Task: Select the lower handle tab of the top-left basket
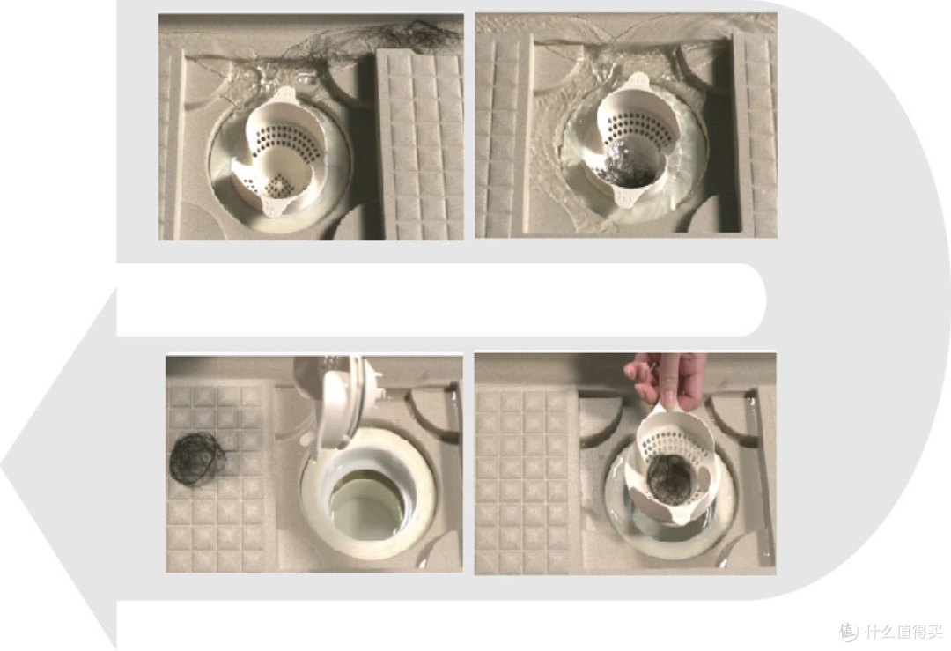pyautogui.click(x=274, y=204)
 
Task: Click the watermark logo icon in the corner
pyautogui.click(x=849, y=631)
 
